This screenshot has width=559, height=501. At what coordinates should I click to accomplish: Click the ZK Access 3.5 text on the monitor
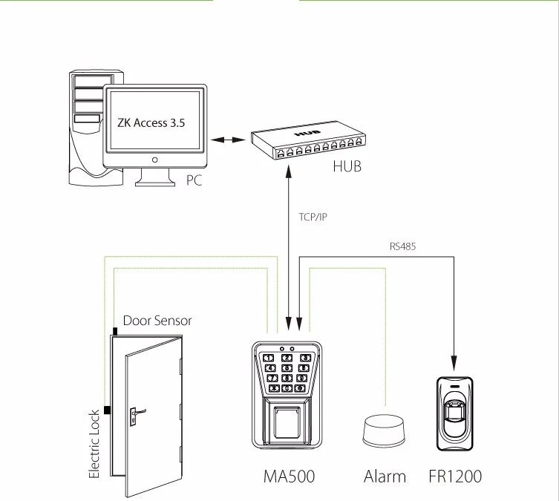(x=152, y=123)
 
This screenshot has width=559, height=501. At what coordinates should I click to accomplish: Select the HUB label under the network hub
(x=347, y=167)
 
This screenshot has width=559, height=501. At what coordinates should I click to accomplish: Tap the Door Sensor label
(x=157, y=321)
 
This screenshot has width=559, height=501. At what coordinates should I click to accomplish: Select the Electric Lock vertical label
(x=94, y=444)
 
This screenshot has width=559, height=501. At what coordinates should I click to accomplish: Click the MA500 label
(x=289, y=477)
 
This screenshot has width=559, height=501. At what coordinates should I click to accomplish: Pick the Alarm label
(x=385, y=477)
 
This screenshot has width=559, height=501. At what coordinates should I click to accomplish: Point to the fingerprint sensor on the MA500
(x=287, y=422)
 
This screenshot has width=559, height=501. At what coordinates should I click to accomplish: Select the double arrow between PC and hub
(x=227, y=139)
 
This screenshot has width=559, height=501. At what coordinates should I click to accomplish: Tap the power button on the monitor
(x=154, y=159)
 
